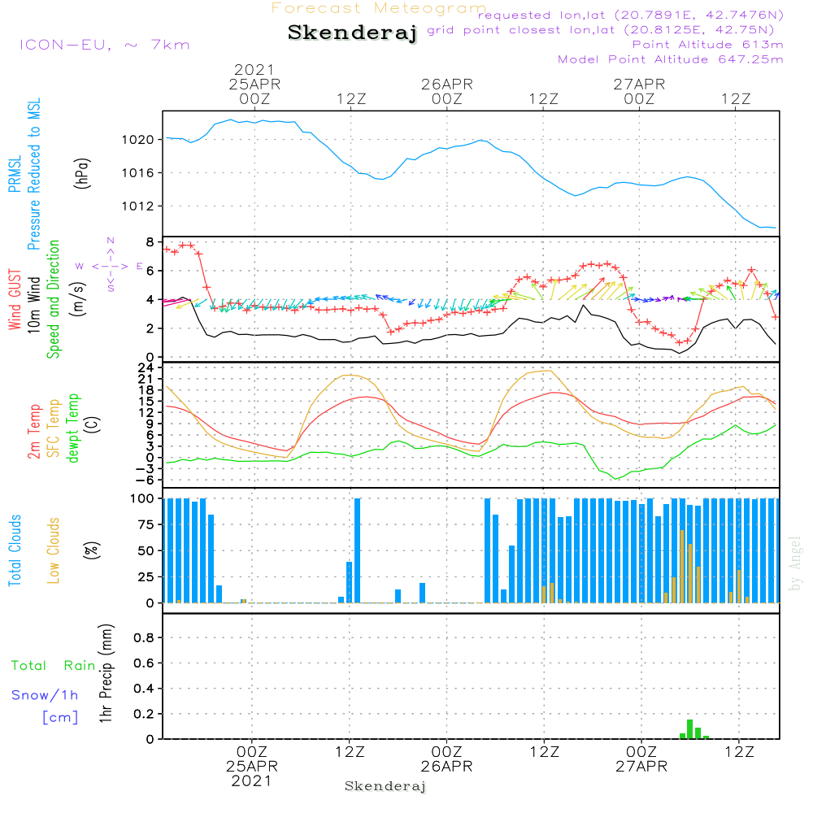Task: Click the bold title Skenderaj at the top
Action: point(352,33)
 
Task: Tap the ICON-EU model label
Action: point(104,45)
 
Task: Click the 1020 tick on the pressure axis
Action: point(143,140)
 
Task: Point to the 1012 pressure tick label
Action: point(143,206)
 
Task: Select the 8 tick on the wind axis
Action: point(150,242)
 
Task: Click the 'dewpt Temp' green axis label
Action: point(73,428)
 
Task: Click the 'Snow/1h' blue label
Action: point(45,695)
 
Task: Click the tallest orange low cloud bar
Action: point(682,566)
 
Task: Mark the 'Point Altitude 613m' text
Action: point(707,45)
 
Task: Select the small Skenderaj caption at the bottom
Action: point(385,786)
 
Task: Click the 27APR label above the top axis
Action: point(639,84)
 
